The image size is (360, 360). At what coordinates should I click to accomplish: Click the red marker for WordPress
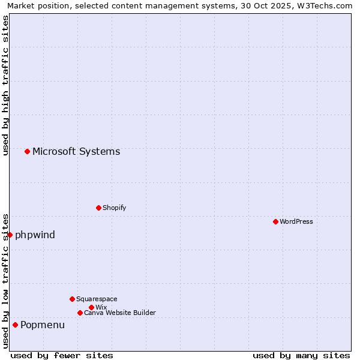[275, 221]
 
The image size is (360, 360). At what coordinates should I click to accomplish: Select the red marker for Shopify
[98, 208]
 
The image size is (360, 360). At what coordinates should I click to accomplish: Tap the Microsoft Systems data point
[27, 151]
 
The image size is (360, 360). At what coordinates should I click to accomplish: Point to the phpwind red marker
[10, 235]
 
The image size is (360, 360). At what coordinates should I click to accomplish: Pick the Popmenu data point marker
[15, 325]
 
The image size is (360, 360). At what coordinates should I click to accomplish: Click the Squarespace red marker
[72, 299]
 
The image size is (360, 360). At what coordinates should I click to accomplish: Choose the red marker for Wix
[91, 307]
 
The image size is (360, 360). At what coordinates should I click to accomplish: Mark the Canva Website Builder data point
[80, 313]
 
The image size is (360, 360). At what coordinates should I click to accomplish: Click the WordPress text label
[296, 221]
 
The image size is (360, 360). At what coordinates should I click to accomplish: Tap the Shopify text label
[114, 208]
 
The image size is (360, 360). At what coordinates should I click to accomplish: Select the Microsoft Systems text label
[76, 151]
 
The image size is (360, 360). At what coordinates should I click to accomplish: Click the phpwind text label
[35, 235]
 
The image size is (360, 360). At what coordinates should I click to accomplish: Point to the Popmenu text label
[43, 325]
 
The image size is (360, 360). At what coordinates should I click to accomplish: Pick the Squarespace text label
[97, 299]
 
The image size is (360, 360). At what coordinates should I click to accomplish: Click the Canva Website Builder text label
[120, 313]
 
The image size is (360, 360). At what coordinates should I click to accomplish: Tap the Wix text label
[101, 307]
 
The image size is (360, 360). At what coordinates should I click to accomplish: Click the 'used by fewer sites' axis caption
[62, 355]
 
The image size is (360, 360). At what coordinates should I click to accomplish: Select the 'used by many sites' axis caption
[301, 355]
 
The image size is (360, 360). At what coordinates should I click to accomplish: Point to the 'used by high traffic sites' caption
[5, 85]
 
